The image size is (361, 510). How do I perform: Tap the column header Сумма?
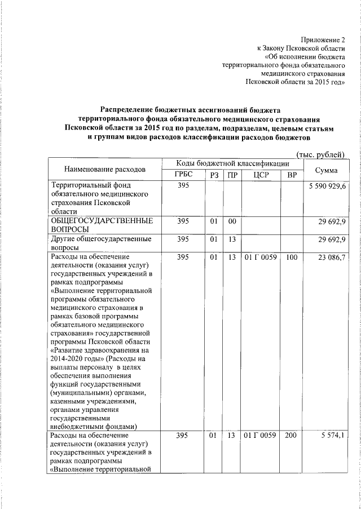327,169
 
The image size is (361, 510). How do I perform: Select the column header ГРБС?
184,175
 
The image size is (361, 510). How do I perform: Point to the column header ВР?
292,175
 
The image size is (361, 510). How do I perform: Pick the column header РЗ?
213,175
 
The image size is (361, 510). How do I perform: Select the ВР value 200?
292,436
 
